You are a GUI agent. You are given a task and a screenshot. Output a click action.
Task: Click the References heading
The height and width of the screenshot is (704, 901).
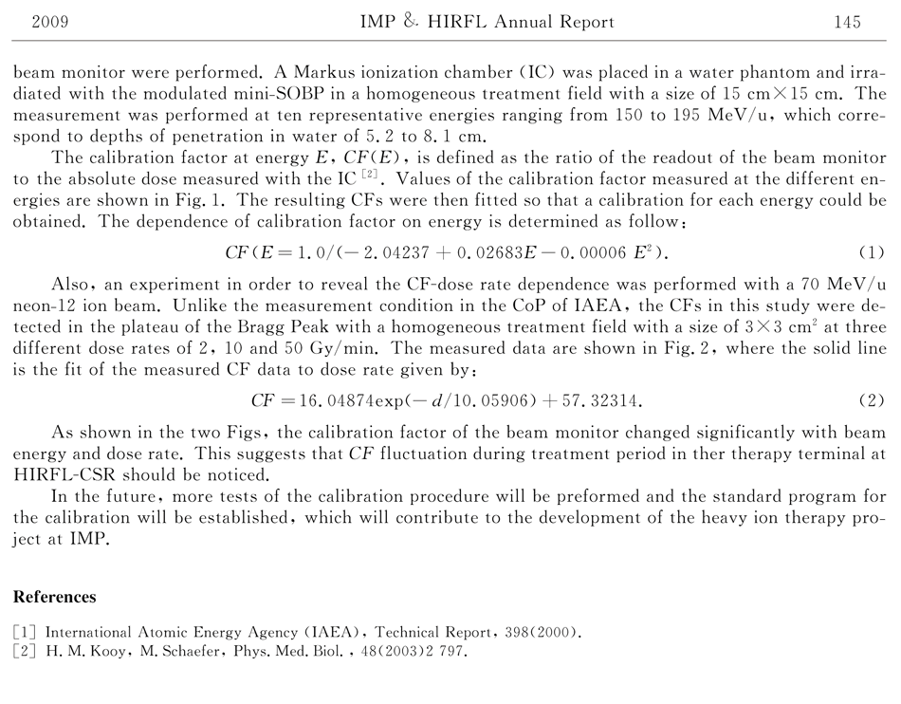(54, 597)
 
